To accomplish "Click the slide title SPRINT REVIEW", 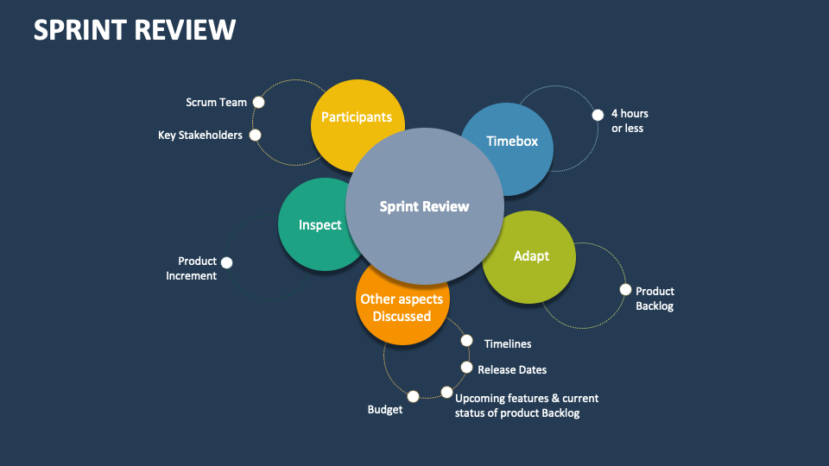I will pyautogui.click(x=134, y=29).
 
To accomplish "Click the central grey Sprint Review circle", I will pyautogui.click(x=424, y=206).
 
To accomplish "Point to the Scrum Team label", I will pyautogui.click(x=216, y=102).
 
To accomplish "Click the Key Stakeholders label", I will pyautogui.click(x=200, y=135).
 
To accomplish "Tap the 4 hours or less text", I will pyautogui.click(x=629, y=121).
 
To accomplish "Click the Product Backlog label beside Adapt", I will pyautogui.click(x=655, y=299).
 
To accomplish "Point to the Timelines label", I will pyautogui.click(x=507, y=343).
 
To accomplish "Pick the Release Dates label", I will pyautogui.click(x=512, y=369).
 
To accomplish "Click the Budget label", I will pyautogui.click(x=384, y=410).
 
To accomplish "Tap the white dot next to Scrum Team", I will pyautogui.click(x=258, y=102).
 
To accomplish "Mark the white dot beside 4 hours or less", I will pyautogui.click(x=597, y=115).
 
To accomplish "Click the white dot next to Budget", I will pyautogui.click(x=413, y=396).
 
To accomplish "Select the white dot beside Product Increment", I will pyautogui.click(x=226, y=262).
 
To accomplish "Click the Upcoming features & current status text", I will pyautogui.click(x=526, y=406).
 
